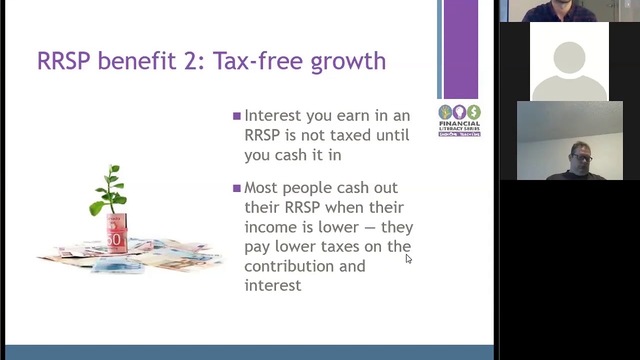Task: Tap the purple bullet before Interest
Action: coord(237,116)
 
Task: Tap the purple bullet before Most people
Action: coord(237,188)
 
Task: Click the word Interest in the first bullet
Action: coord(272,115)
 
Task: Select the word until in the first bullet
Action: coord(392,135)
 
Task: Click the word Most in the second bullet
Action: coord(260,188)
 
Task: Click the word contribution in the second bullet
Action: coord(289,266)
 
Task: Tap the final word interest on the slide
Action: coord(272,285)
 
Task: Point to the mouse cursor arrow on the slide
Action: coord(408,258)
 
